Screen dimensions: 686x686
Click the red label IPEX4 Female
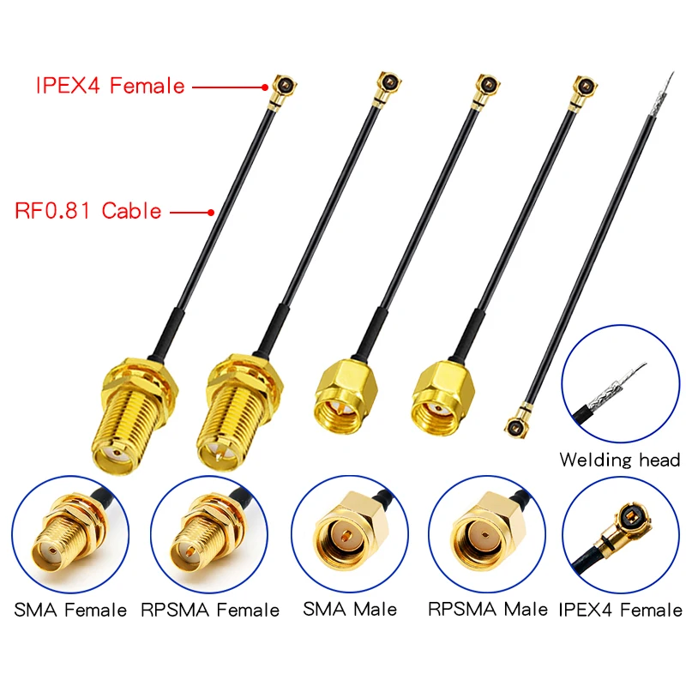coord(110,86)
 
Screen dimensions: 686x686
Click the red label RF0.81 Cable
coord(88,210)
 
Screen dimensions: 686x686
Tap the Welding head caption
coord(619,460)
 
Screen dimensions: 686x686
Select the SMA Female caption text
coord(70,611)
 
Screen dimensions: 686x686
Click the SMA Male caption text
coord(350,609)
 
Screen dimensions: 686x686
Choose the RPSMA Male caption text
coord(487,609)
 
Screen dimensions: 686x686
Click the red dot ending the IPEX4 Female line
coord(265,87)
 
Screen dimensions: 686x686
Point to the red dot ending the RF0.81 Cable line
coord(211,211)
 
